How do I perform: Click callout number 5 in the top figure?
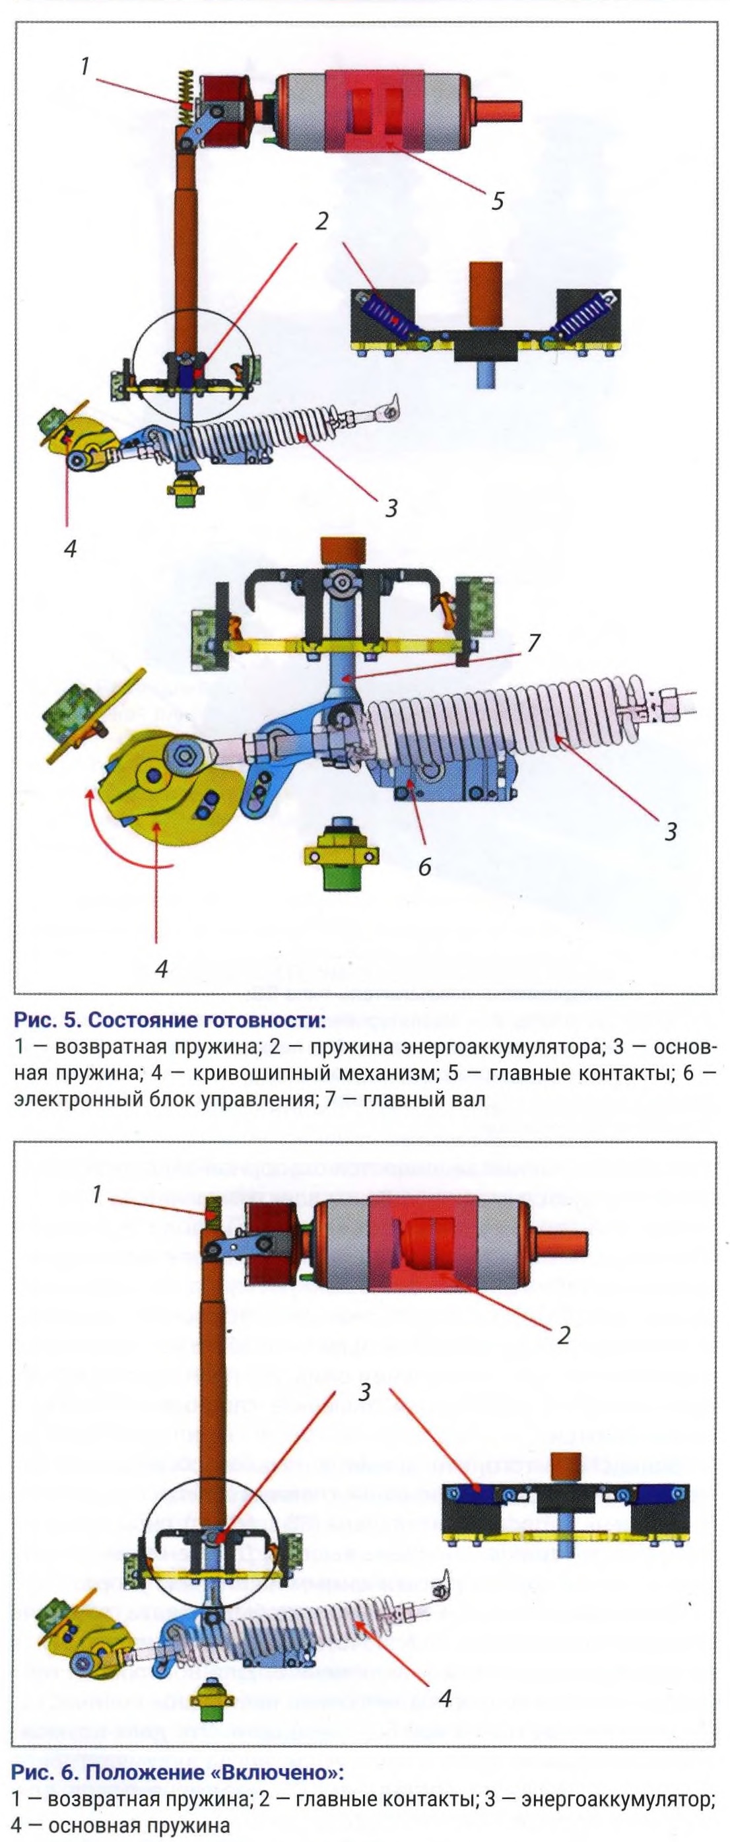pos(497,200)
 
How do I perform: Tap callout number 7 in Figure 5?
pos(533,643)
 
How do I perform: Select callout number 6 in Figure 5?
pos(424,867)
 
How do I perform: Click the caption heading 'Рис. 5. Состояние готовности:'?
pos(169,1018)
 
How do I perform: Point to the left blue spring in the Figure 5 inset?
pos(389,316)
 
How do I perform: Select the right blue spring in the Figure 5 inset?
pos(582,316)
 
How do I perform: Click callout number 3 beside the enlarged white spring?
pos(670,831)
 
